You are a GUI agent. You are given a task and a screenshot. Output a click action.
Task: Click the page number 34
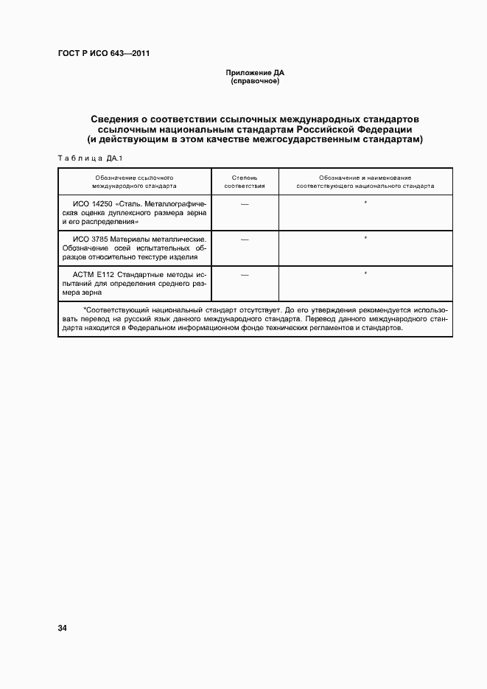(x=62, y=628)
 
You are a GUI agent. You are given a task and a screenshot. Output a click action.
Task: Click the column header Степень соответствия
(x=245, y=182)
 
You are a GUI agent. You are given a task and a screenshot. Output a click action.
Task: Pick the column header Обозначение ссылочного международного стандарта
(x=134, y=182)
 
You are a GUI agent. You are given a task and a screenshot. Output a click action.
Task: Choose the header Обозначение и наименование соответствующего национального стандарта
(x=365, y=182)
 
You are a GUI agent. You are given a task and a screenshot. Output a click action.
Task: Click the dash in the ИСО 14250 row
(x=245, y=203)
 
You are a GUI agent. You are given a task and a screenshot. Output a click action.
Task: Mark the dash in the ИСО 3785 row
(x=245, y=239)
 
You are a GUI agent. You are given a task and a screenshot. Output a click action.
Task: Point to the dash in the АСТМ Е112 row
(x=245, y=274)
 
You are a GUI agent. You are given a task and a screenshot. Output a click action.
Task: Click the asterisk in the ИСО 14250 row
(x=365, y=202)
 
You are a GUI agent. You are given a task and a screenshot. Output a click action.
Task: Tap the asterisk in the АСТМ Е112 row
(x=365, y=274)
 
